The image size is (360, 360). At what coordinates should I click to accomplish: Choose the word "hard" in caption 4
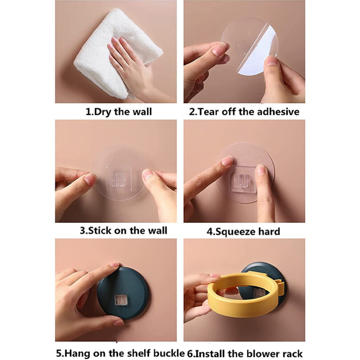(269, 231)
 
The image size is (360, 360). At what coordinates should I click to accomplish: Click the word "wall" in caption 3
(157, 230)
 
